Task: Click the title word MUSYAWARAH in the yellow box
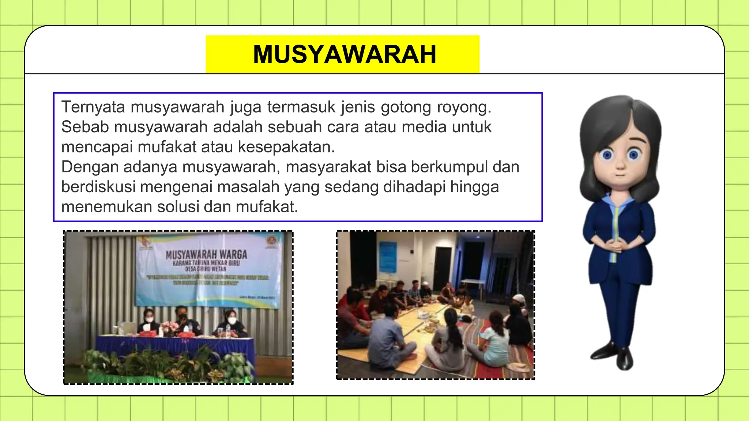(345, 54)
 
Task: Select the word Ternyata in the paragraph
(93, 107)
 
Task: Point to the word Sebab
(85, 127)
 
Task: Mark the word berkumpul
(449, 167)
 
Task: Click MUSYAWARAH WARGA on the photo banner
(206, 254)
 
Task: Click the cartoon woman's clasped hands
(617, 244)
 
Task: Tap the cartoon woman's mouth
(620, 174)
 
